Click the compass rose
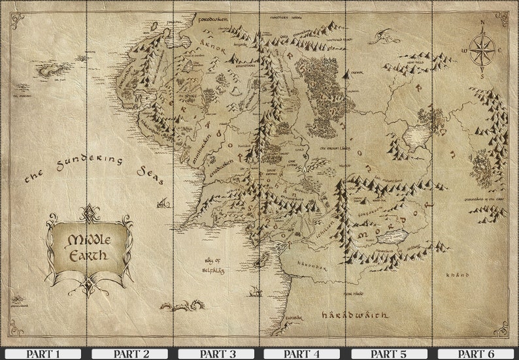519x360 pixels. pos(482,48)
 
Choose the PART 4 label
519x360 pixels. pos(302,353)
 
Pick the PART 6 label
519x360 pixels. pos(475,353)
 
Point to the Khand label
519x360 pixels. pos(458,275)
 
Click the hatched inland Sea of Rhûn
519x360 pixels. pos(417,136)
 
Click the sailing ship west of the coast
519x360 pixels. pos(163,203)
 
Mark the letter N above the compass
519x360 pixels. pos(482,23)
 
